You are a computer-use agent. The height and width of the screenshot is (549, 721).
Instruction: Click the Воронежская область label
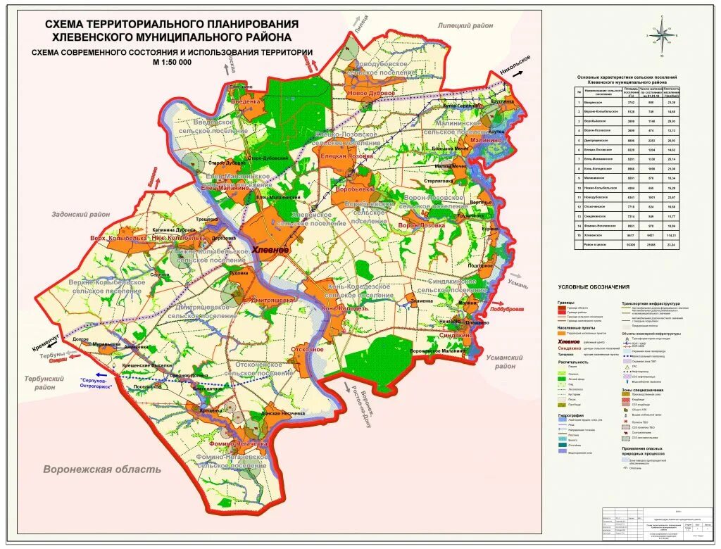102,469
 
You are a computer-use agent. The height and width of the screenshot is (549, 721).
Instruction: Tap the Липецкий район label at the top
465,25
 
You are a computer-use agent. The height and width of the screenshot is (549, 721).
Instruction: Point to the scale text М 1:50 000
172,62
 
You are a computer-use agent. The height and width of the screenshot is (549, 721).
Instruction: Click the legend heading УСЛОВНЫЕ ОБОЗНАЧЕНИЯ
594,287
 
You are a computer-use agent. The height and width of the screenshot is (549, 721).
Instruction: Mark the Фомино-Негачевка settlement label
237,444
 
